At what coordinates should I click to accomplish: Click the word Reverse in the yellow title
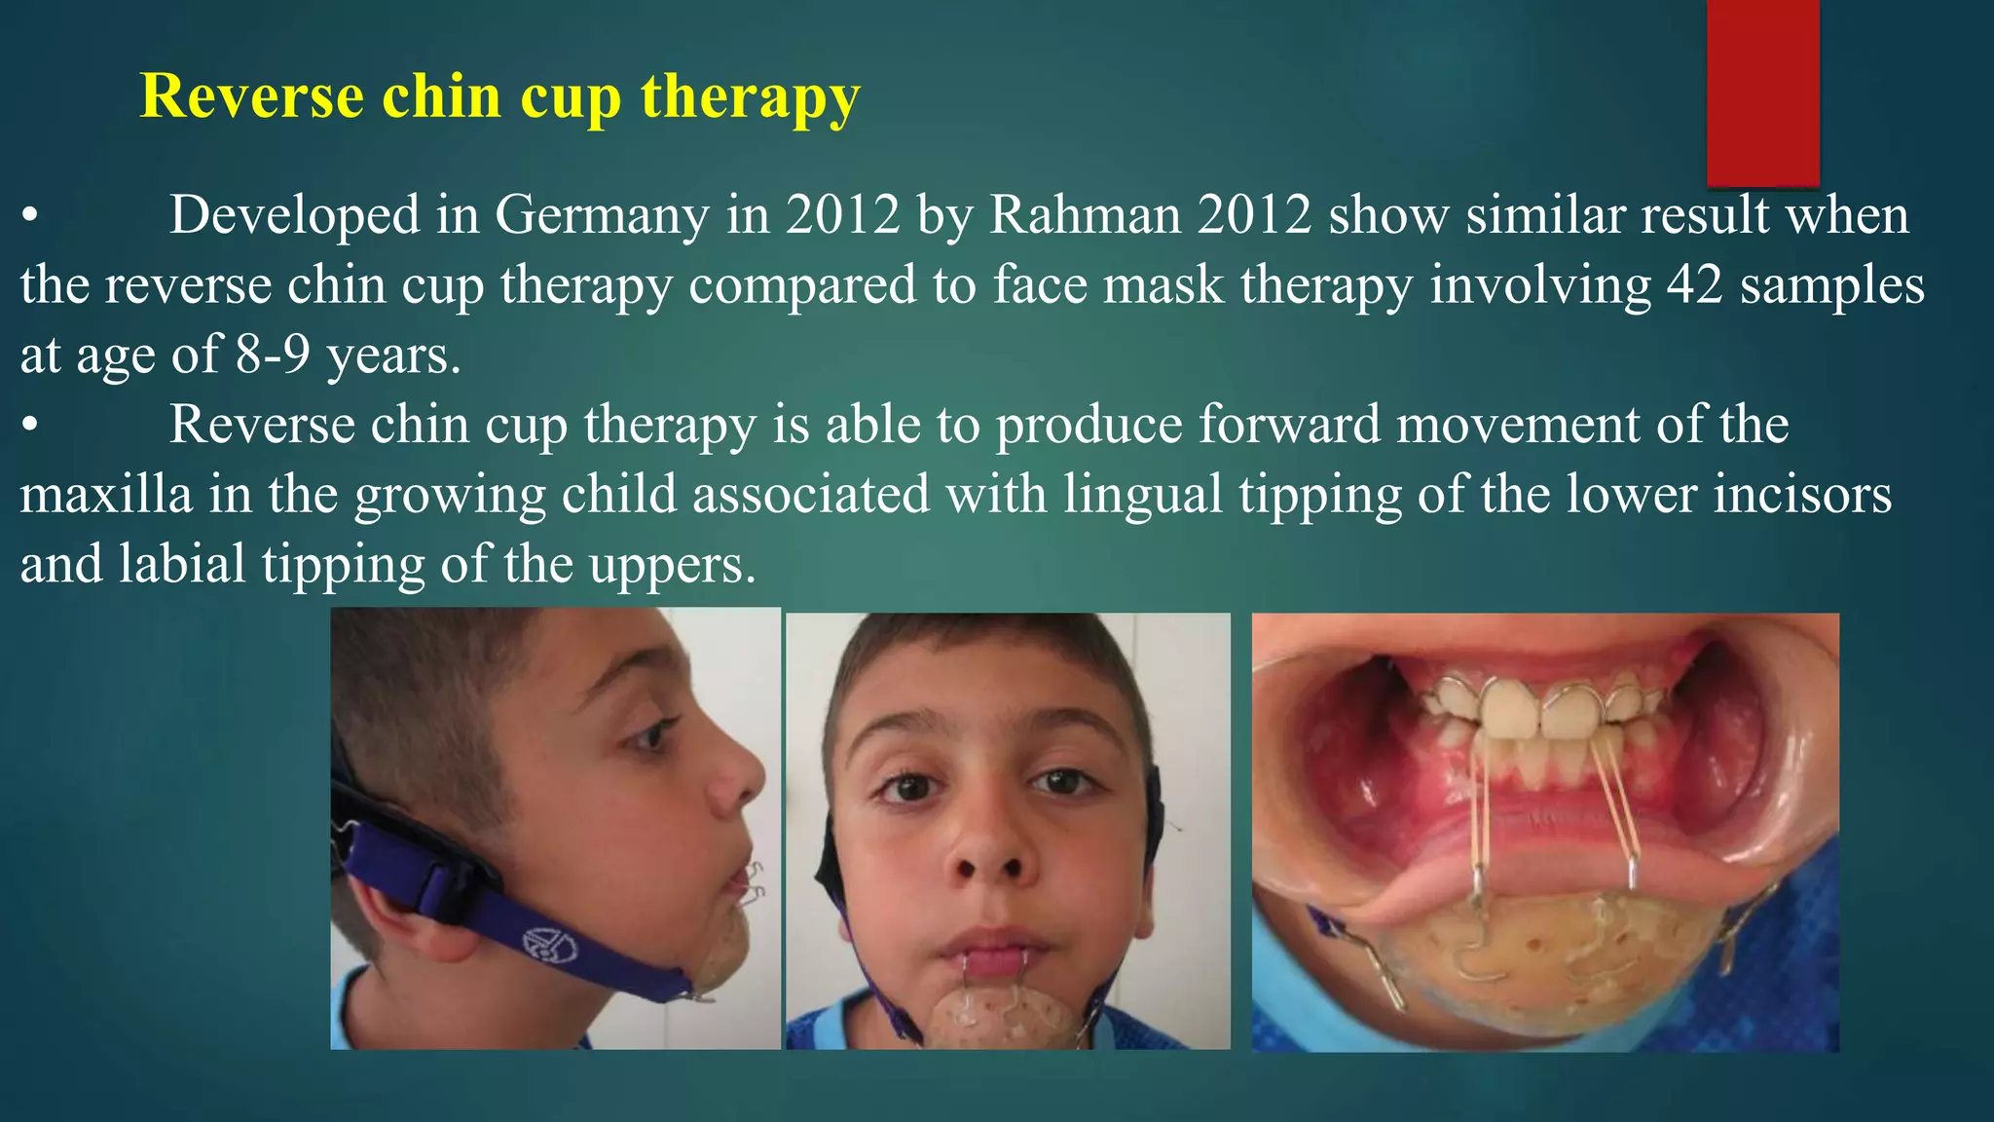[x=252, y=96]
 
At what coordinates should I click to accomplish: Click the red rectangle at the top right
[x=1762, y=93]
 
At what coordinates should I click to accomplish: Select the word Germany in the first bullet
[x=602, y=215]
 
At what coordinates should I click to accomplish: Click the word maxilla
[x=106, y=495]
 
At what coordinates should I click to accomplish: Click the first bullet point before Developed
[x=30, y=215]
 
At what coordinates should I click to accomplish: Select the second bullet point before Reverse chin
[x=30, y=426]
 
